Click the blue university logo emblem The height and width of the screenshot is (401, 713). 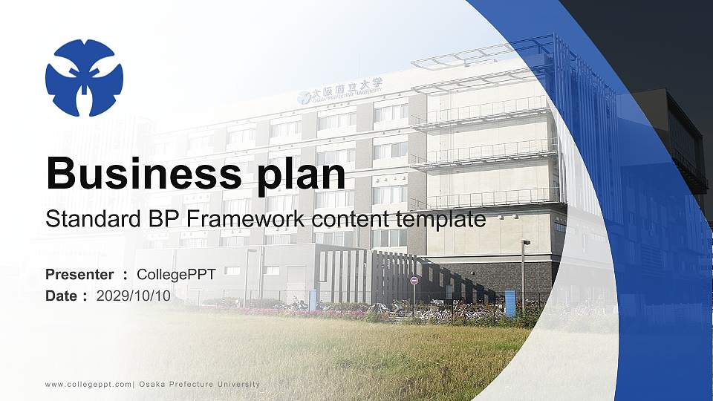(84, 78)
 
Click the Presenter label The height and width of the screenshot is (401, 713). (79, 275)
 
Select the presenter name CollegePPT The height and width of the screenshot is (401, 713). (176, 275)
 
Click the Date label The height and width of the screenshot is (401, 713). (62, 296)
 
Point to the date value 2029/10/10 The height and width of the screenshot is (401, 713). (134, 296)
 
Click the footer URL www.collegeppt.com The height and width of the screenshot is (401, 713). (88, 384)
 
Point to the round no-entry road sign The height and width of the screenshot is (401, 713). (414, 281)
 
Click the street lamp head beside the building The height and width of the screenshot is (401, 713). (527, 242)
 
